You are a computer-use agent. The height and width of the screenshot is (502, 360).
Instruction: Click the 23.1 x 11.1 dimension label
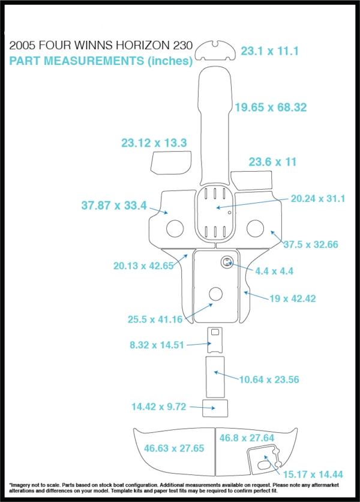tap(269, 51)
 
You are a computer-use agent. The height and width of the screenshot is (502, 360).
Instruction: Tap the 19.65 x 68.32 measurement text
tap(271, 107)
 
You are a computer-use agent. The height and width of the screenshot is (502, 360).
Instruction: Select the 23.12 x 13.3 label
tap(154, 143)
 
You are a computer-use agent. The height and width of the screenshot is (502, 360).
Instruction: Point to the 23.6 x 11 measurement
tap(272, 162)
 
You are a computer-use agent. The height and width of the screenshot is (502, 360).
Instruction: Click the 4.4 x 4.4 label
tap(274, 271)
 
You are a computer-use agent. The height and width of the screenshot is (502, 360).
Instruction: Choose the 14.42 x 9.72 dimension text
tap(159, 407)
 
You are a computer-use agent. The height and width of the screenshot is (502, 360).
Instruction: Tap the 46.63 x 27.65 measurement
tap(174, 448)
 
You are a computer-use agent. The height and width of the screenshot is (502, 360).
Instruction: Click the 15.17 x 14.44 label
tap(313, 474)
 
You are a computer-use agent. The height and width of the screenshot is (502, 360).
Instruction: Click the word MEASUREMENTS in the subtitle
tap(94, 61)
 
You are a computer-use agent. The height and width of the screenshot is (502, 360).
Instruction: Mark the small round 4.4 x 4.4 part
tap(227, 262)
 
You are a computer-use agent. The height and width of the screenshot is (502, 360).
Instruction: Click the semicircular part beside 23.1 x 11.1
tap(215, 50)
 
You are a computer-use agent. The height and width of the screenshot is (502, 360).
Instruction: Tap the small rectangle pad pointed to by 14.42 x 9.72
tap(215, 408)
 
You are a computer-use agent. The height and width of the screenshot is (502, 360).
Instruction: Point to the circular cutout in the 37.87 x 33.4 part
tap(175, 229)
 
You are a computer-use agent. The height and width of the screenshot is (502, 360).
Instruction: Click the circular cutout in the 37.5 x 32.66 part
tap(256, 228)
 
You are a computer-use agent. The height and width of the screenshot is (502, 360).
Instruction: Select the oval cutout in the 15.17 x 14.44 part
tap(263, 465)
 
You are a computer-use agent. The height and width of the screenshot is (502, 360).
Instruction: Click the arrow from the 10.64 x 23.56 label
tap(227, 375)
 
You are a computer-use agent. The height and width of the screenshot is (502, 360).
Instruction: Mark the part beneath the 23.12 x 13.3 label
tap(171, 163)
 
